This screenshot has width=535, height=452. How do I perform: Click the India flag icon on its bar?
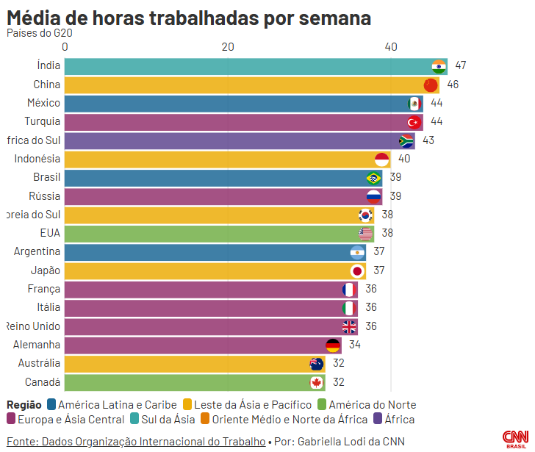439,65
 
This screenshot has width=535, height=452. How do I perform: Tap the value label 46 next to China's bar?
453,85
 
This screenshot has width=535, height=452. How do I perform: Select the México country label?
44,103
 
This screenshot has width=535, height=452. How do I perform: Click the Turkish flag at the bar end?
414,121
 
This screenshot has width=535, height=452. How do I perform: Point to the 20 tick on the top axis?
228,47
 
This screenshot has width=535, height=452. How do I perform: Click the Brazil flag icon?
373,178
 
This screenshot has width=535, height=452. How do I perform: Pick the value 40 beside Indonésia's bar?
404,159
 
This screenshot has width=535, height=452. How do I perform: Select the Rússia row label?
45,196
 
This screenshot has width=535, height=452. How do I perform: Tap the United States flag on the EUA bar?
365,234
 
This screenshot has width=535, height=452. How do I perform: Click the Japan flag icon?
357,270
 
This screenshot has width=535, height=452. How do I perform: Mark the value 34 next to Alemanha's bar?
355,345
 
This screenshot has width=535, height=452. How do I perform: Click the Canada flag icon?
317,382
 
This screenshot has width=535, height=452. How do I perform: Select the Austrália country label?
40,363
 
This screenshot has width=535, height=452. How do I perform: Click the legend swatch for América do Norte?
321,404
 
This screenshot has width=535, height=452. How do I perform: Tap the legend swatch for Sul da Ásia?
135,420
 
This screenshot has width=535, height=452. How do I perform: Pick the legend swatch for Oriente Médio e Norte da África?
205,420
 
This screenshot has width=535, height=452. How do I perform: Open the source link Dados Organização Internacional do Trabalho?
136,442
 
